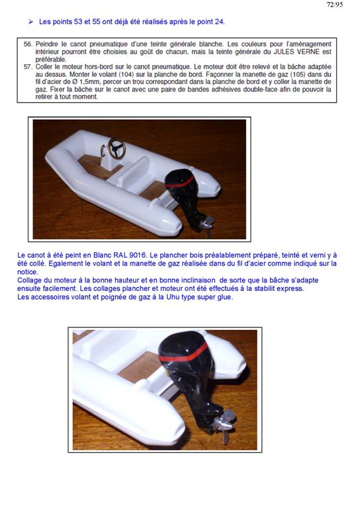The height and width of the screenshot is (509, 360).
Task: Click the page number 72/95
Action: [335, 4]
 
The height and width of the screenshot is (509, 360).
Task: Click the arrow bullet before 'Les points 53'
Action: [30, 22]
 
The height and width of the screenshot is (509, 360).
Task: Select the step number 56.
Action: [28, 44]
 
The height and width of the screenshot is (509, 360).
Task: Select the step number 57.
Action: [28, 67]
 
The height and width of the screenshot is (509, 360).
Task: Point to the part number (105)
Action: [296, 74]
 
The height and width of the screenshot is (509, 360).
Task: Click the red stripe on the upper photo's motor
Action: [180, 182]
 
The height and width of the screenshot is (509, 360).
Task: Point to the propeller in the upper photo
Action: [206, 224]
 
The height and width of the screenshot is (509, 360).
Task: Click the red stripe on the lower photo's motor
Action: [184, 353]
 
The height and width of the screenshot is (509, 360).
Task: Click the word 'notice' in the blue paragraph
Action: [27, 272]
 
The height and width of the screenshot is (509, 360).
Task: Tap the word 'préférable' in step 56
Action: [50, 60]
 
